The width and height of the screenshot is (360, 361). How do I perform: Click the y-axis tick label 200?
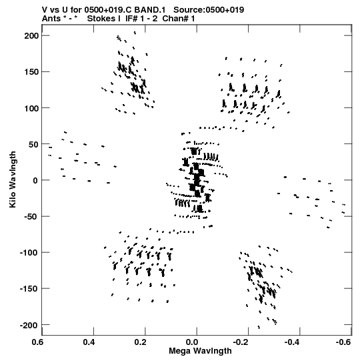coord(31,35)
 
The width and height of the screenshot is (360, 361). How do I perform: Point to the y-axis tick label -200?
coord(29,326)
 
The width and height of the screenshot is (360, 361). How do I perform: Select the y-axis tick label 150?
coord(31,72)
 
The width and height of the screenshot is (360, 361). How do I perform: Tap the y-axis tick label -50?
coord(31,217)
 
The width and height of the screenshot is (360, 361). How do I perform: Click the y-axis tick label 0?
coord(35,180)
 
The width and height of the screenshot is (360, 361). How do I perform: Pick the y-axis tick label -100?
coord(29,253)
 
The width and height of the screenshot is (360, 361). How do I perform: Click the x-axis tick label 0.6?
coord(38,342)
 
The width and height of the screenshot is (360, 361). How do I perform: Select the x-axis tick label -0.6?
coord(343,342)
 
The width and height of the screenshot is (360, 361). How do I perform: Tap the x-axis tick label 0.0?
coord(192,342)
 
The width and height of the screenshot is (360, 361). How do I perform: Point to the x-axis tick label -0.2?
coord(241,342)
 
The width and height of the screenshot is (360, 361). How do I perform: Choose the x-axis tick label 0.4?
coord(89,342)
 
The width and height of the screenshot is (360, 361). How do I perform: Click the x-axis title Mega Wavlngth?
coord(200,351)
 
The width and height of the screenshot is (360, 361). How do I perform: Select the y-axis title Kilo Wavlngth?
coord(13,179)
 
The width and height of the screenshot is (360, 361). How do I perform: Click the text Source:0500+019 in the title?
coord(209,10)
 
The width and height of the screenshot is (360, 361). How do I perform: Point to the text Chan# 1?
coord(179,19)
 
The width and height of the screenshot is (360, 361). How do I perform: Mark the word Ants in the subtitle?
coord(51,19)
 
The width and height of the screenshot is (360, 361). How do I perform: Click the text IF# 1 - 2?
coord(141,19)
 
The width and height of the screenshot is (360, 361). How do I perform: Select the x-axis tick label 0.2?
coord(141,342)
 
